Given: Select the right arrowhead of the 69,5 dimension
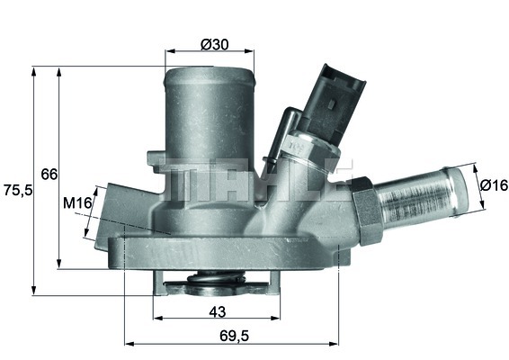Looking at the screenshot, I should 335,343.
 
